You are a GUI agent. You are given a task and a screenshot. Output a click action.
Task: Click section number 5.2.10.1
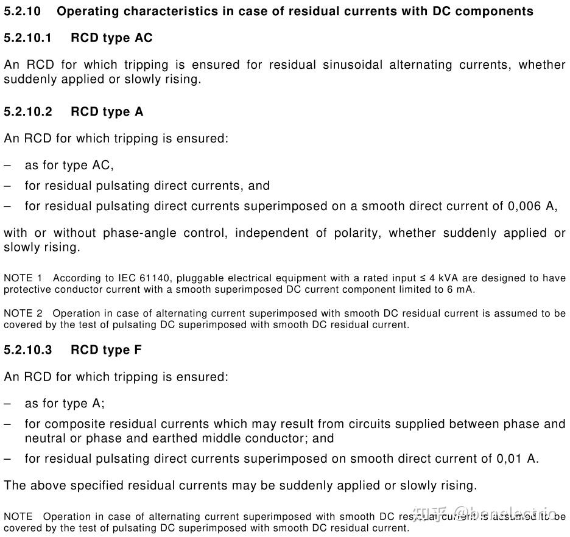[x=28, y=38]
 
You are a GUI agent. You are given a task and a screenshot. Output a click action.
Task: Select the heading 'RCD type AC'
[x=111, y=38]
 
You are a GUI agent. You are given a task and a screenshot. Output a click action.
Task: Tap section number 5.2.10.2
[x=28, y=111]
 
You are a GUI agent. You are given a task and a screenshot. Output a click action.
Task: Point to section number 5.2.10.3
[x=28, y=350]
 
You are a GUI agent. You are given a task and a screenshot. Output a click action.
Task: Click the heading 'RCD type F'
[x=107, y=350]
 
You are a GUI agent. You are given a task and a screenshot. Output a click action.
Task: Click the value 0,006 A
[x=532, y=206]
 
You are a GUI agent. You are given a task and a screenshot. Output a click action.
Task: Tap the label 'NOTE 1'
[x=23, y=278]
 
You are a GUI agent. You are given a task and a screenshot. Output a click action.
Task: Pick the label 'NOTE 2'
[x=23, y=314]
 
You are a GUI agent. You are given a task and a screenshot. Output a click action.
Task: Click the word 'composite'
[x=72, y=424]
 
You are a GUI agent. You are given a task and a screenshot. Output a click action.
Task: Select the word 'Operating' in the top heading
[x=86, y=11]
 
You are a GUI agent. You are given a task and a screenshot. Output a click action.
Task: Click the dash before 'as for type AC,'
[x=7, y=165]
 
